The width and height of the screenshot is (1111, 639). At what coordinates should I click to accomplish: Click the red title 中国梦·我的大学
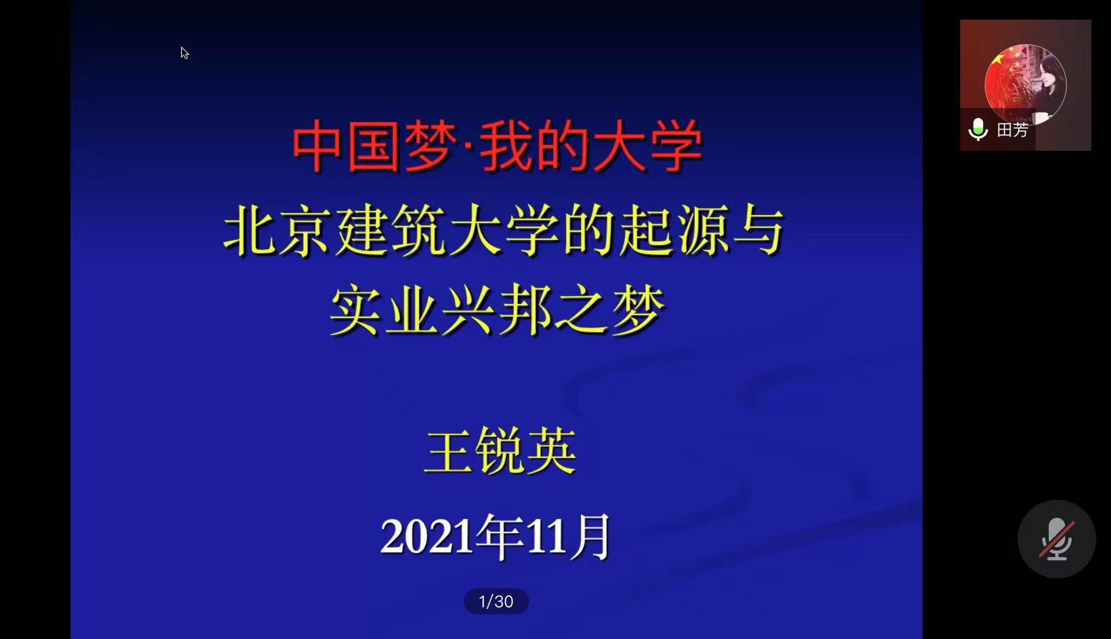click(497, 146)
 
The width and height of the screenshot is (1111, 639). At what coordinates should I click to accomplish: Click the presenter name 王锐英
click(500, 451)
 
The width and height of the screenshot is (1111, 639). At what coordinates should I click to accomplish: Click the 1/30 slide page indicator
click(496, 601)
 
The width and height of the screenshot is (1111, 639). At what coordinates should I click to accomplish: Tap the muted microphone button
click(1056, 539)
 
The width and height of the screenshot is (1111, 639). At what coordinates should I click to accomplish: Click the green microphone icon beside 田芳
click(978, 130)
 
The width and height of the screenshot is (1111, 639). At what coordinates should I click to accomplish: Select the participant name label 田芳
click(1013, 130)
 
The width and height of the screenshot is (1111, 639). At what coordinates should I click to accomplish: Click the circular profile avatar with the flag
click(1025, 85)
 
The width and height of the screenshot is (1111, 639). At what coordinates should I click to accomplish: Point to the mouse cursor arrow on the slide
click(185, 53)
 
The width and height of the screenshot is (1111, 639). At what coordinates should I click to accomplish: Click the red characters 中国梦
click(374, 146)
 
